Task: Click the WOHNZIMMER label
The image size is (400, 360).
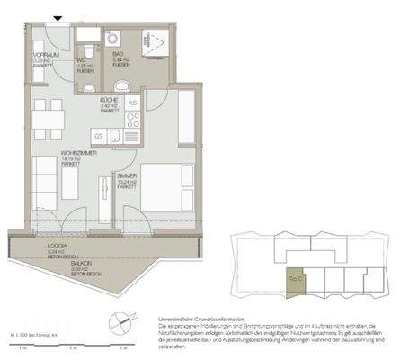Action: (78, 154)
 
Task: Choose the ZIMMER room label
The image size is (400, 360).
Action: (125, 176)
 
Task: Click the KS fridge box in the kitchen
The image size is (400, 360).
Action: (132, 103)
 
